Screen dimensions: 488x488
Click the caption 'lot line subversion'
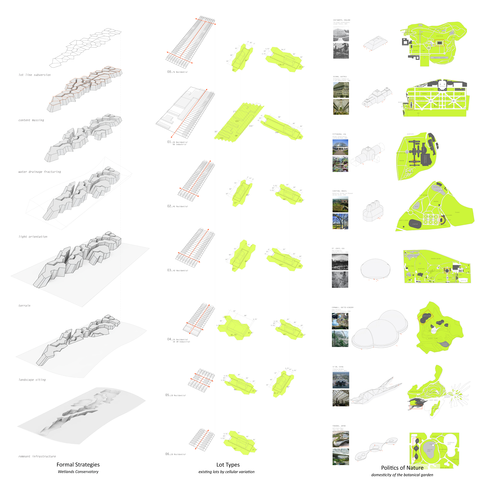pyautogui.click(x=35, y=75)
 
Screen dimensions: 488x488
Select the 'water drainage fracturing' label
pyautogui.click(x=40, y=172)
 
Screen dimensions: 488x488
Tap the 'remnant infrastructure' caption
pyautogui.click(x=37, y=456)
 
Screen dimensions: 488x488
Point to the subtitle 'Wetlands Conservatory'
pyautogui.click(x=78, y=472)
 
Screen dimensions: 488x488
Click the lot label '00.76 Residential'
pyautogui.click(x=177, y=72)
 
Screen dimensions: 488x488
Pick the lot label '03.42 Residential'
pyautogui.click(x=178, y=270)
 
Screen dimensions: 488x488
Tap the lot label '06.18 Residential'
pyautogui.click(x=175, y=454)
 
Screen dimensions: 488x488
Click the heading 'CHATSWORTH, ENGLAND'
pyautogui.click(x=342, y=20)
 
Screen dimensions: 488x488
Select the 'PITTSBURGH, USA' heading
pyautogui.click(x=339, y=134)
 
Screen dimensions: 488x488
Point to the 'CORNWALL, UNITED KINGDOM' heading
pyautogui.click(x=342, y=307)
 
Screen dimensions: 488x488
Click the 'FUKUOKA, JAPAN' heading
pyautogui.click(x=339, y=426)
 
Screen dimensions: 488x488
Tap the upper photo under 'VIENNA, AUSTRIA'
pyautogui.click(x=341, y=90)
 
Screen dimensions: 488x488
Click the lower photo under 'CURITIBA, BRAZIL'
pyautogui.click(x=340, y=221)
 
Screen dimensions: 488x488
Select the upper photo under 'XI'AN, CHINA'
pyautogui.click(x=341, y=380)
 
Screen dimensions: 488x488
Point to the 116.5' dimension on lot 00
pyautogui.click(x=281, y=65)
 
